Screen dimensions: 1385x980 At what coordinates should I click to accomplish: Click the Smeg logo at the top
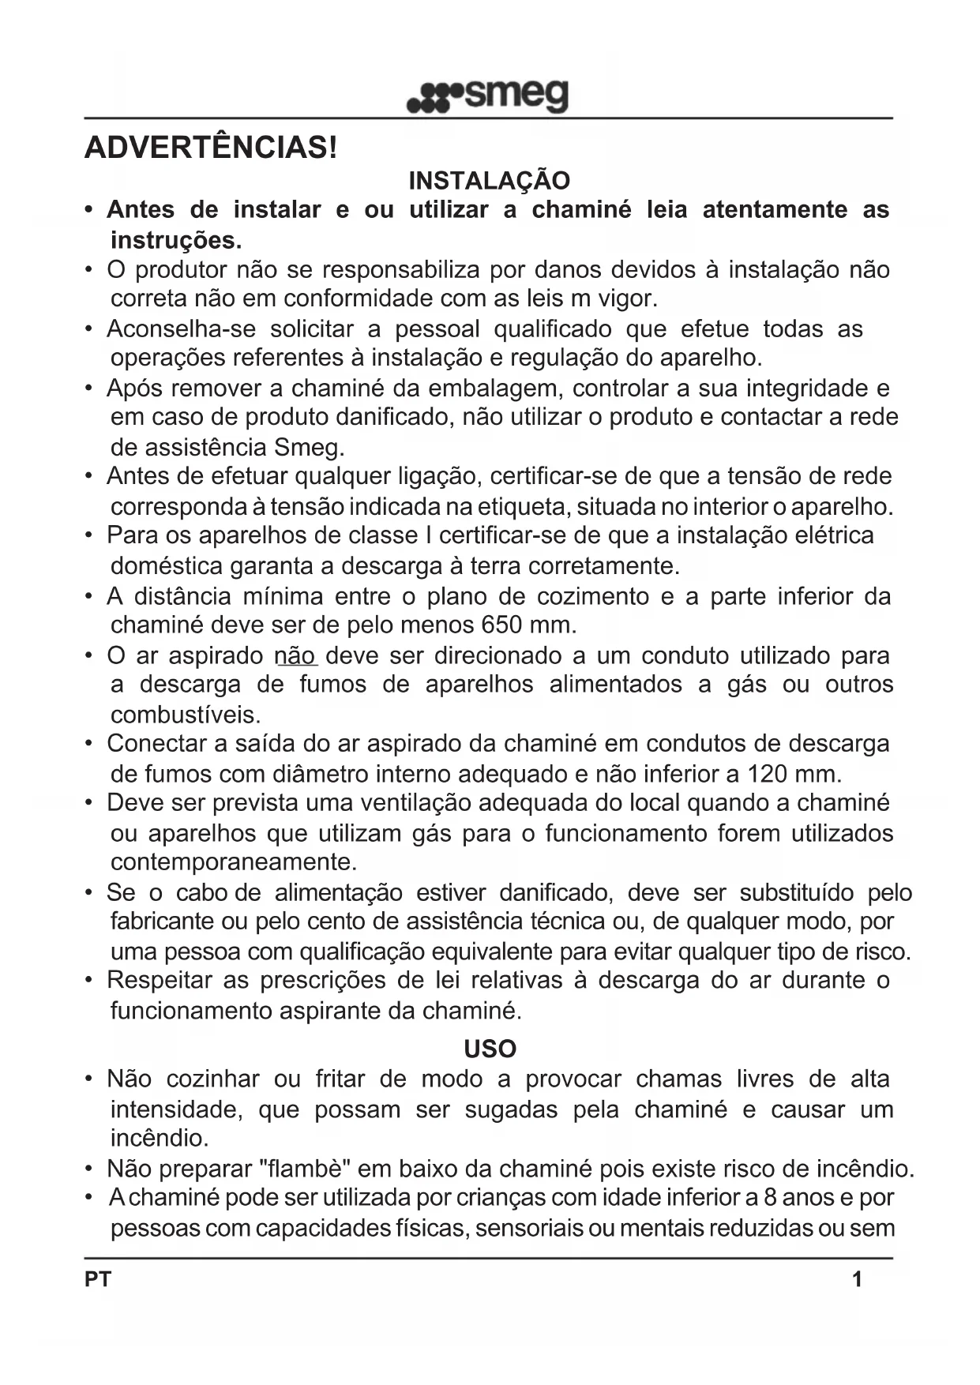(488, 96)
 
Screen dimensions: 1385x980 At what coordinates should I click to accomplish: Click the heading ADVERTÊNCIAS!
(211, 148)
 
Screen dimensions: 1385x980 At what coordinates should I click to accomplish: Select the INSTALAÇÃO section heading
(489, 181)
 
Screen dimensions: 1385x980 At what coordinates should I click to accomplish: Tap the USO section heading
(490, 1049)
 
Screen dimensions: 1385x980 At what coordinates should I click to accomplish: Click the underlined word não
(295, 655)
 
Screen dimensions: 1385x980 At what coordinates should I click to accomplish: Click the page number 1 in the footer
(857, 1279)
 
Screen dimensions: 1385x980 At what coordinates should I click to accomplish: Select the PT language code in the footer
(98, 1279)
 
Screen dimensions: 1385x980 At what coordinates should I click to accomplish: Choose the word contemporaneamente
(234, 861)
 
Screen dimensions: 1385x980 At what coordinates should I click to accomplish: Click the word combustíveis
(186, 715)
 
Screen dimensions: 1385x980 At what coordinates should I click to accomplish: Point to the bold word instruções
(176, 239)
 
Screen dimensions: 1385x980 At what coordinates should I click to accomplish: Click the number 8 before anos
(771, 1198)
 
